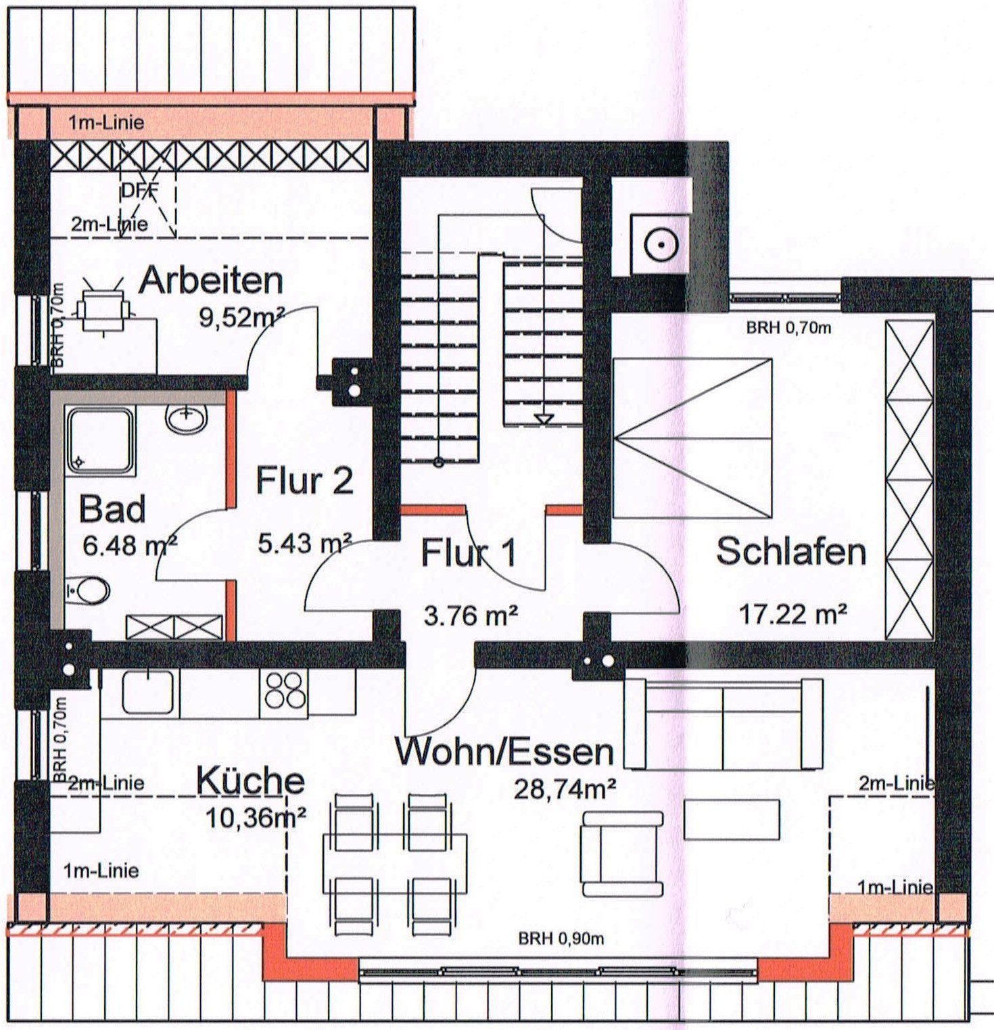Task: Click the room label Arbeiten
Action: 211,280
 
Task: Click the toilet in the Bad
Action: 89,590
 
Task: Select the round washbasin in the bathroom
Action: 185,419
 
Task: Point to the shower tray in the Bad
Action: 100,440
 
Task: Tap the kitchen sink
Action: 147,691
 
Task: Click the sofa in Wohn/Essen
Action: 724,724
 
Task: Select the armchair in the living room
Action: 622,854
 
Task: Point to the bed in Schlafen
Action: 692,438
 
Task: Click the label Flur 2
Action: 304,481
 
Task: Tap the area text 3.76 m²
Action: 471,615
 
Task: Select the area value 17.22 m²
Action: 792,614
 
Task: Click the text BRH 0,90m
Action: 561,939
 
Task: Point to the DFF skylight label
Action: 140,191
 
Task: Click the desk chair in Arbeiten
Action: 103,306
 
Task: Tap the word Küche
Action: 250,780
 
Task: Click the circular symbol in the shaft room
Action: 661,245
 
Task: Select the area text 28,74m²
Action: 565,789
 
